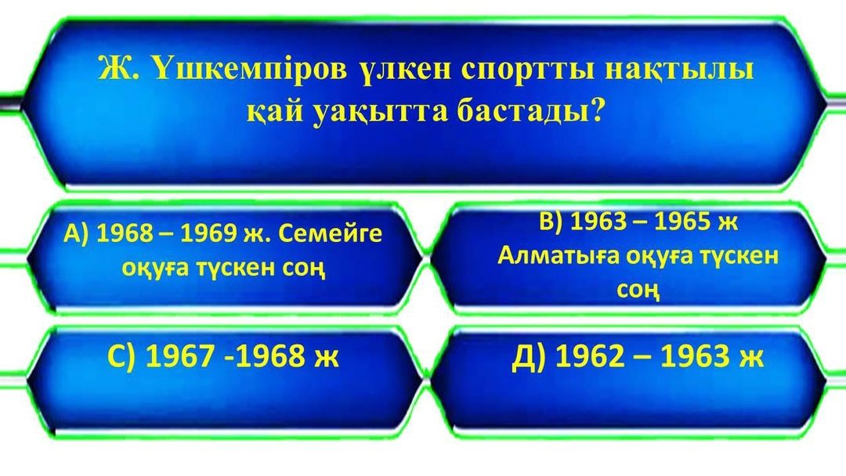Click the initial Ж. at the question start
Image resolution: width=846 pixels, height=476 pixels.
pos(119,70)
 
